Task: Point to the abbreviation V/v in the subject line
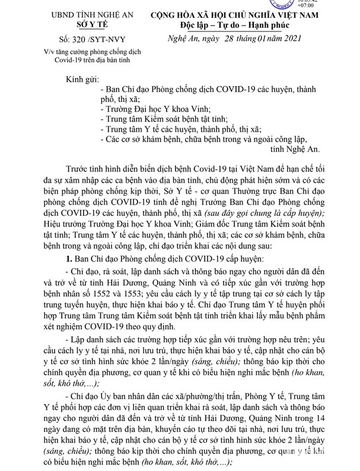pos(37,52)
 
